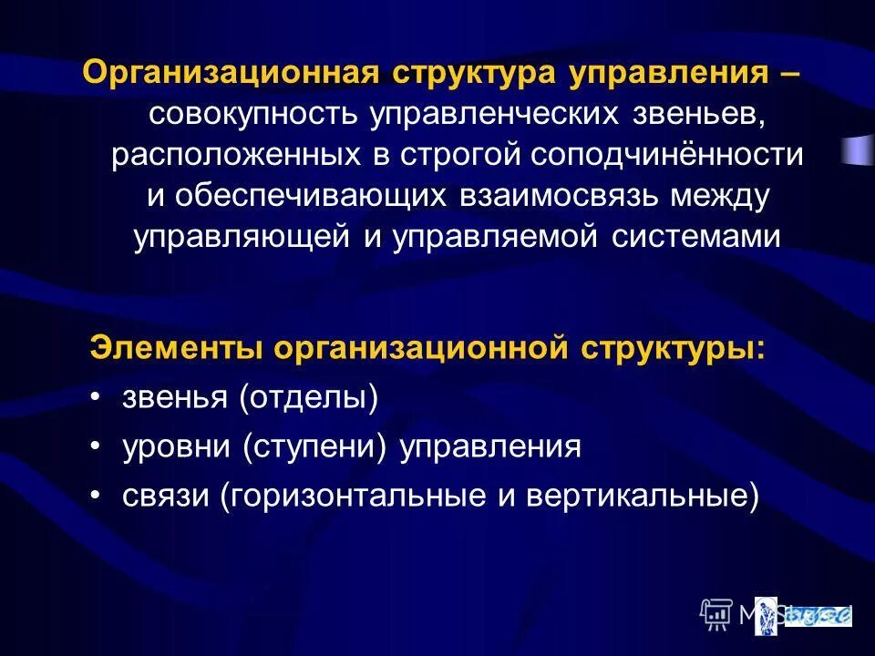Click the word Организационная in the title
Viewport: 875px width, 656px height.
point(232,73)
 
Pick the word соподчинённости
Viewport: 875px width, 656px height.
point(667,155)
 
